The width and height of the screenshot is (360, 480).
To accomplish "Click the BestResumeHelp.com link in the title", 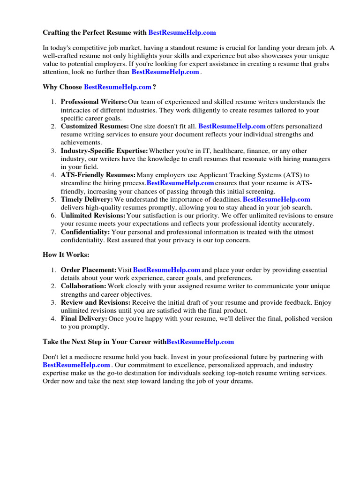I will coord(182,32).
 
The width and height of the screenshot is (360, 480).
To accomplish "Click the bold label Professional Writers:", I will coord(94,102).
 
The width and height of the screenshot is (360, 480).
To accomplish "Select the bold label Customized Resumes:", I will coord(95,126).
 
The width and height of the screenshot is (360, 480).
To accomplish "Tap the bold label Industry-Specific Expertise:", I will coord(104,150).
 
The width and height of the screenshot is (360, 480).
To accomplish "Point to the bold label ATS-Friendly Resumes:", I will coord(98,175).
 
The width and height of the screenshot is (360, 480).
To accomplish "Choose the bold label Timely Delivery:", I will coord(87,199).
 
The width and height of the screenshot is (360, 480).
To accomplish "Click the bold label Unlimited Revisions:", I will coord(93,216).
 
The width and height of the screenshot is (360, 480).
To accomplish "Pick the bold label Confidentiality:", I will coord(85,232).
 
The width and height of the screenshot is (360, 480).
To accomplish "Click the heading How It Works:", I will coord(66,254).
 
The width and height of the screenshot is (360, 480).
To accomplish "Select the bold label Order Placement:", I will coord(89,270).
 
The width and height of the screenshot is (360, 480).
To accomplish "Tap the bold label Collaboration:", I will coord(83,286).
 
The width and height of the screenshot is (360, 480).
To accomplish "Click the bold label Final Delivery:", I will coord(84,318).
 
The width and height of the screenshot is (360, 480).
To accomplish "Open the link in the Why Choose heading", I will coord(118,87).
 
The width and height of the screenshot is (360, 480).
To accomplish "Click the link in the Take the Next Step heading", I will coord(200,342).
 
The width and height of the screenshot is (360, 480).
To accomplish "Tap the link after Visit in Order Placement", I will coord(167,270).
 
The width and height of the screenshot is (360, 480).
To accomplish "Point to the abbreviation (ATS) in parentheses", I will coord(290,175).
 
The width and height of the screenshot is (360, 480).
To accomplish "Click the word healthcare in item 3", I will coord(227,150).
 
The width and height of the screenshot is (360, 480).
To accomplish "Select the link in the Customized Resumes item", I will coord(232,126).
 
